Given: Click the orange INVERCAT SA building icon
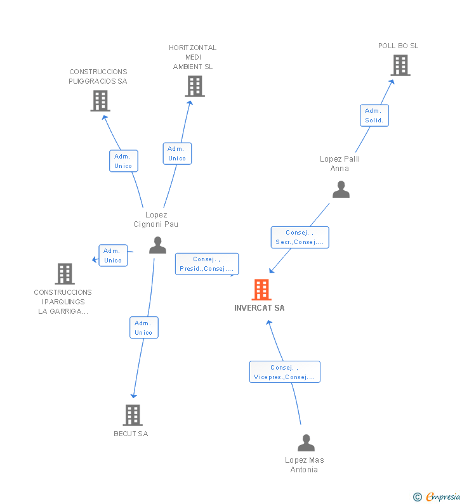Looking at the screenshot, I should pyautogui.click(x=261, y=290).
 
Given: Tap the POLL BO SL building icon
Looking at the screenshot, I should pyautogui.click(x=400, y=65).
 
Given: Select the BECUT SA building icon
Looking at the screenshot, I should pyautogui.click(x=132, y=415).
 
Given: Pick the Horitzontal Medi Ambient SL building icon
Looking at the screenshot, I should pyautogui.click(x=194, y=86).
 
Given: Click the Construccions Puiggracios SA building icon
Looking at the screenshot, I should pyautogui.click(x=100, y=101).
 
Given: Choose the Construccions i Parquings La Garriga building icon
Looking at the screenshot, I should pyautogui.click(x=65, y=274).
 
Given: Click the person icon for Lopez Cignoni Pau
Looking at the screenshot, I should pyautogui.click(x=157, y=245).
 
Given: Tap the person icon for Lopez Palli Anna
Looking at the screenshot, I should pyautogui.click(x=341, y=190).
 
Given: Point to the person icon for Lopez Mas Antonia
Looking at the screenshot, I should pyautogui.click(x=306, y=443).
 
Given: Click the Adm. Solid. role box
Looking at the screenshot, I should pyautogui.click(x=374, y=115).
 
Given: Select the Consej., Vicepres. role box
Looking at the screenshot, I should pyautogui.click(x=284, y=372).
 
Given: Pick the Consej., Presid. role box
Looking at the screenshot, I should pyautogui.click(x=207, y=264).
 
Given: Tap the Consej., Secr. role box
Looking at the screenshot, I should pyautogui.click(x=300, y=237).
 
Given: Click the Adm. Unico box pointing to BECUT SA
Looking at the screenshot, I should pyautogui.click(x=143, y=328).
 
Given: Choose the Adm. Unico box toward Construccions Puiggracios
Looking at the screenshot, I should pyautogui.click(x=123, y=161).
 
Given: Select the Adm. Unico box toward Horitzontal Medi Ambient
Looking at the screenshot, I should pyautogui.click(x=177, y=153).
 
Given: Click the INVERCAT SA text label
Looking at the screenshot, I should pyautogui.click(x=260, y=308).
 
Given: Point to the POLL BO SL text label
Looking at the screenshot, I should pyautogui.click(x=398, y=46).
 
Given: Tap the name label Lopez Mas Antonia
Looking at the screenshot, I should pyautogui.click(x=305, y=465).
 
